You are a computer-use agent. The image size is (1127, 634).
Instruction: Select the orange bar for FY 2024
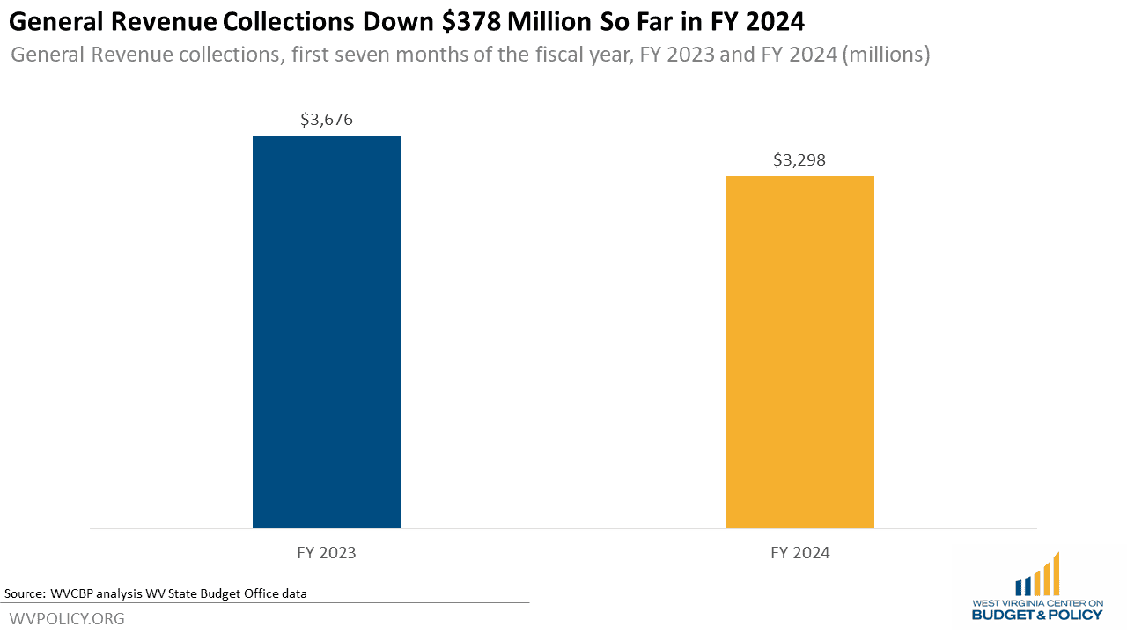click(799, 352)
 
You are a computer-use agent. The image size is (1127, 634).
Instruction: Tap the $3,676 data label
click(327, 120)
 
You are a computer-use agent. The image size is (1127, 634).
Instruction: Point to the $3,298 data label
click(799, 160)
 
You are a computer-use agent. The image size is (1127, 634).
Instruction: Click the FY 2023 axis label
click(327, 553)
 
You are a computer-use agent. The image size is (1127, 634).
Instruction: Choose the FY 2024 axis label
click(799, 553)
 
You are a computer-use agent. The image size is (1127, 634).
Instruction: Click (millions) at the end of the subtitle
click(887, 55)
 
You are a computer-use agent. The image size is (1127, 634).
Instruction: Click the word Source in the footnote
click(24, 593)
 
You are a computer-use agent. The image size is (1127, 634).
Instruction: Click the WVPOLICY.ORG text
click(67, 619)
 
